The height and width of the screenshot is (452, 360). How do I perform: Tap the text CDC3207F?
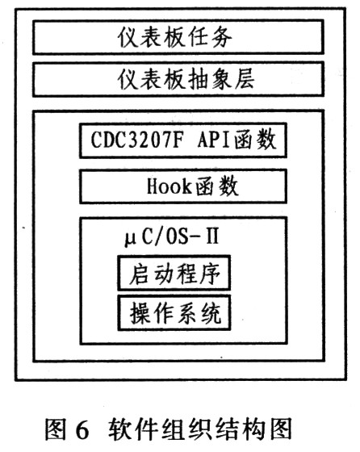click(137, 140)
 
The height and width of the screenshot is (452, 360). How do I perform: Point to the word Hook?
click(169, 186)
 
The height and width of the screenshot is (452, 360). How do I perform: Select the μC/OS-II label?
click(172, 237)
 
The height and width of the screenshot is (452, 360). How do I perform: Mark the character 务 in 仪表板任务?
click(222, 37)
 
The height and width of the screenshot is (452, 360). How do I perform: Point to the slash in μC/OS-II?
click(159, 237)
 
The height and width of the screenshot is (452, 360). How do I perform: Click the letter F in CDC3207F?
click(178, 140)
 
